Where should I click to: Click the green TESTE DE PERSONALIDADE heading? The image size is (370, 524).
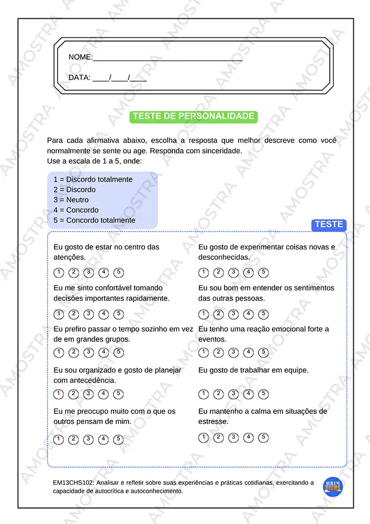[x=194, y=116]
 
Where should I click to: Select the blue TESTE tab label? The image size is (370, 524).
[x=329, y=225]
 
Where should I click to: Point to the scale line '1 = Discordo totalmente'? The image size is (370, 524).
[x=93, y=179]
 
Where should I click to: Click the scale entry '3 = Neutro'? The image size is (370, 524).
[x=71, y=200]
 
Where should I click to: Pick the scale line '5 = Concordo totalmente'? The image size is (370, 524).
[x=94, y=220]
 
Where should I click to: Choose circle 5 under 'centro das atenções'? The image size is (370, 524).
[x=119, y=272]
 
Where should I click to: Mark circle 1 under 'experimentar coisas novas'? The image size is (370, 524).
[x=204, y=272]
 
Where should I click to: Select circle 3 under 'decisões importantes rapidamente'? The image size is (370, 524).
[x=89, y=314]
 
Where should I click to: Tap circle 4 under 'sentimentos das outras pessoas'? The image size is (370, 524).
[x=249, y=314]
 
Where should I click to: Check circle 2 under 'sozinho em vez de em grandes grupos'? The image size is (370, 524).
[x=74, y=352]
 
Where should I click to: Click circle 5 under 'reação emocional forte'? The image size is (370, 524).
[x=264, y=352]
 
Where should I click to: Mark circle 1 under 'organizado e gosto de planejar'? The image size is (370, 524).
[x=59, y=394]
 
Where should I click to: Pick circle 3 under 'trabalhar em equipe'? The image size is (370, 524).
[x=233, y=394]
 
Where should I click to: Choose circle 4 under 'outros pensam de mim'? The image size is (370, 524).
[x=104, y=439]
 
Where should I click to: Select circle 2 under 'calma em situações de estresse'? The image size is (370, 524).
[x=219, y=438]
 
